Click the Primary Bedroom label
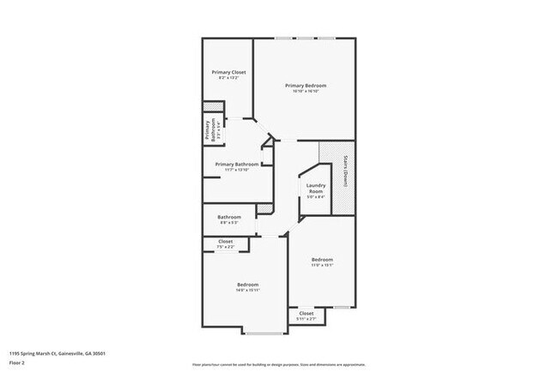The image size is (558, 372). coord(306,86)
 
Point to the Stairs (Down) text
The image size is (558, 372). coord(344,171)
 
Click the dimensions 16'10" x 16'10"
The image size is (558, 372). coord(306,92)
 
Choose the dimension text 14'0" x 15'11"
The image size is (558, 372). coord(247,291)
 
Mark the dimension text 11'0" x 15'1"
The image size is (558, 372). coord(322,265)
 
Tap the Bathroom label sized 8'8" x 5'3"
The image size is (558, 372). coord(229,217)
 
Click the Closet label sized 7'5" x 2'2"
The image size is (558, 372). coord(225,242)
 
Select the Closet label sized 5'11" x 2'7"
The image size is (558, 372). coord(306,314)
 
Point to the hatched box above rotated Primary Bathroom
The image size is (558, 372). coord(207,108)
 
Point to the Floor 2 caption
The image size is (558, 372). coord(17,362)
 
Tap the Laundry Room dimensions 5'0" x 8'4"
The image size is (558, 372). coord(315,197)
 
